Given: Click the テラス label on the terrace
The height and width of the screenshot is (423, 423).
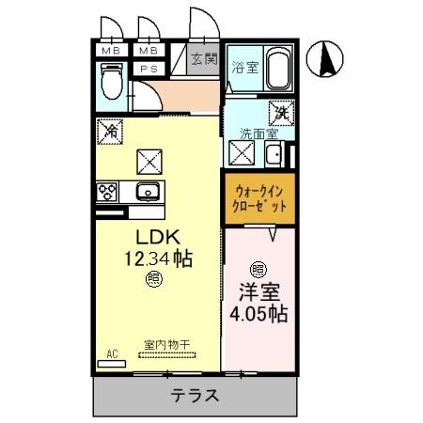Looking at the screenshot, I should pos(196,395).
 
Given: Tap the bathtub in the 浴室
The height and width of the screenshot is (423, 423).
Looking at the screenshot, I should pos(279,70).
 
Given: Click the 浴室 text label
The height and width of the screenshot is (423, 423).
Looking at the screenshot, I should pos(244,67).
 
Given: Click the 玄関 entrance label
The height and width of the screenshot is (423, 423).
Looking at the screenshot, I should pos(203,59).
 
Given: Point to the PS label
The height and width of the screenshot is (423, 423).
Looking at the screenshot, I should pos(147,69).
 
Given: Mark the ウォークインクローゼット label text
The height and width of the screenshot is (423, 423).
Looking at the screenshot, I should pos(259,197).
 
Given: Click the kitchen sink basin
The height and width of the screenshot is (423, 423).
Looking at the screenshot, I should pos(148,193).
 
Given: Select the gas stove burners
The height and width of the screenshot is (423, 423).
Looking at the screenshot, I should pos(106,193).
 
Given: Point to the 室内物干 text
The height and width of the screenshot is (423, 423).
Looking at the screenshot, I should pos(166,345).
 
